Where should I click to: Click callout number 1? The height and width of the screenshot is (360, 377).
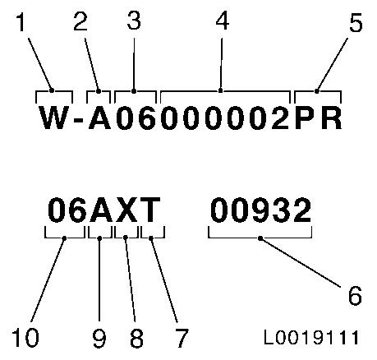[21, 22]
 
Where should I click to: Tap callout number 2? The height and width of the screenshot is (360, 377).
[80, 21]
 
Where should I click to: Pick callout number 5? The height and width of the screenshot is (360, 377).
[356, 22]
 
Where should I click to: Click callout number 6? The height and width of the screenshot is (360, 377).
[355, 295]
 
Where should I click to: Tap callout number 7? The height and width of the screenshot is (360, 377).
[181, 338]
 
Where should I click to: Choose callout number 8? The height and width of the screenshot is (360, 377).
[136, 338]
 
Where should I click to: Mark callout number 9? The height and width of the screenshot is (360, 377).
[99, 338]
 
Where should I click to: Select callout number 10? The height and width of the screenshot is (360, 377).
[25, 337]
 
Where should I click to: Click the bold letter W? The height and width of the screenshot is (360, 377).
[53, 118]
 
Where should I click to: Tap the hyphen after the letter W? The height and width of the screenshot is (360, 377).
[79, 120]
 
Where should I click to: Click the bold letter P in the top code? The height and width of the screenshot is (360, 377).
[305, 118]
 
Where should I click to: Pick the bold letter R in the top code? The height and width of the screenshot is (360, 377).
[332, 118]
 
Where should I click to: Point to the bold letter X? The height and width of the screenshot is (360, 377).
[126, 210]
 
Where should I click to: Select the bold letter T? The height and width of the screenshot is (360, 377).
[149, 210]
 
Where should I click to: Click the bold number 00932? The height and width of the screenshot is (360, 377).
[261, 210]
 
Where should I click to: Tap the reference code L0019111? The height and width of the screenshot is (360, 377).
[311, 337]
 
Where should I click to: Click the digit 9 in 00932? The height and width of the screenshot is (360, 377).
[261, 210]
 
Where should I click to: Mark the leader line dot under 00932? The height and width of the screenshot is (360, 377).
[260, 238]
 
